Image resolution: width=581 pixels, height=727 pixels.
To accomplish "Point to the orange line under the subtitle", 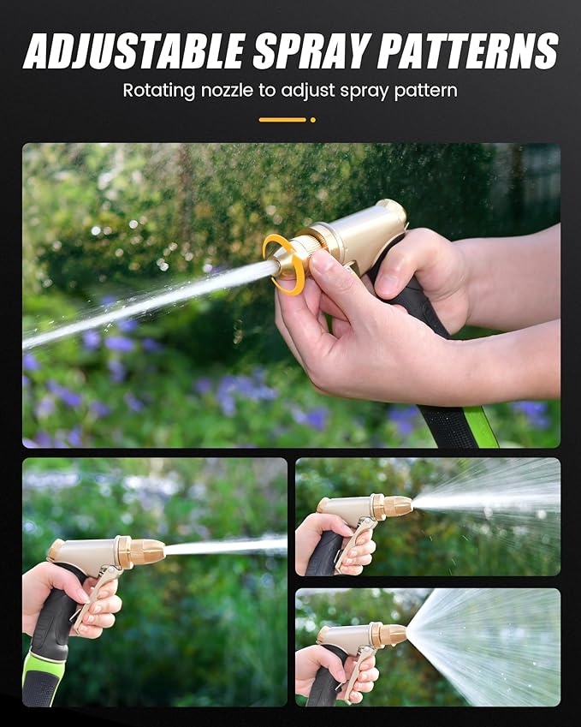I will coord(282,119).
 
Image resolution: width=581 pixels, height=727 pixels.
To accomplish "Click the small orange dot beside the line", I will coord(313,119).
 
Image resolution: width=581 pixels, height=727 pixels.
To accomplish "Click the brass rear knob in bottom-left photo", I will coord(55,548).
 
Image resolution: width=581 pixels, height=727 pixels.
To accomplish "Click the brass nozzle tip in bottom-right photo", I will coord(393,635).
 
